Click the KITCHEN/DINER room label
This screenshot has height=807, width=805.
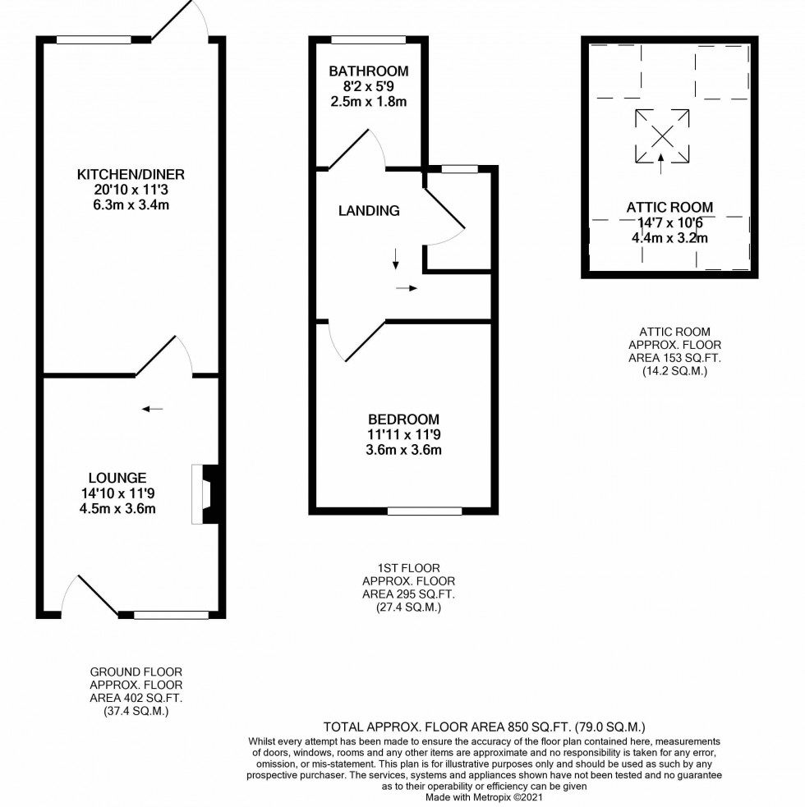pyautogui.click(x=131, y=174)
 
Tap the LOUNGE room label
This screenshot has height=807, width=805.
pyautogui.click(x=118, y=478)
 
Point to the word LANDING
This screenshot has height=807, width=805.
pyautogui.click(x=369, y=211)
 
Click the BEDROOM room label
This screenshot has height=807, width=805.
pyautogui.click(x=403, y=419)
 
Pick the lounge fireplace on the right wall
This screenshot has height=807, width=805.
pyautogui.click(x=205, y=493)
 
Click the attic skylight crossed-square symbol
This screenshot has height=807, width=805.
pyautogui.click(x=662, y=135)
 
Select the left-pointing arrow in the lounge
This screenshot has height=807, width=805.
pyautogui.click(x=152, y=408)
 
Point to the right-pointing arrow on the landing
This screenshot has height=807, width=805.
pyautogui.click(x=407, y=288)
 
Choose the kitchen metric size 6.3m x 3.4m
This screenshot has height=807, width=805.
pyautogui.click(x=131, y=204)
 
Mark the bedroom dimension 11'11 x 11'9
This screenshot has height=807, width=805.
pyautogui.click(x=403, y=434)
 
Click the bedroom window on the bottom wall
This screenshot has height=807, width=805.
pyautogui.click(x=425, y=511)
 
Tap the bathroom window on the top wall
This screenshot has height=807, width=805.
pyautogui.click(x=368, y=39)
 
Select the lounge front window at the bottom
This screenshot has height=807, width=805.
pyautogui.click(x=171, y=614)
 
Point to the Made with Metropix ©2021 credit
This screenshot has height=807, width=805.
pyautogui.click(x=484, y=796)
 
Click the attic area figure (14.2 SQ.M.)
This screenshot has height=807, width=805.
pyautogui.click(x=674, y=371)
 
